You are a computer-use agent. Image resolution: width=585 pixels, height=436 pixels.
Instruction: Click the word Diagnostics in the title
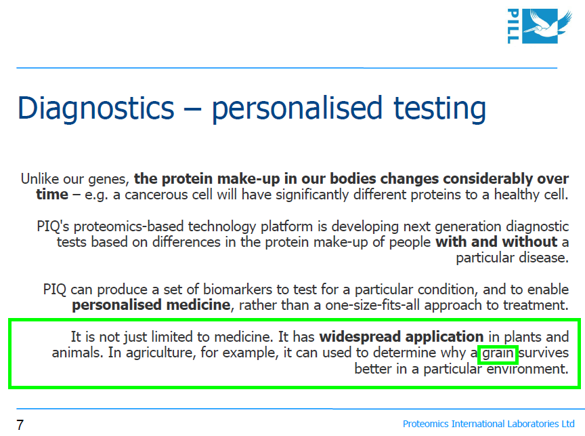96,108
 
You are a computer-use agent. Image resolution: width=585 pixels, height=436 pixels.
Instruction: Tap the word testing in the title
440,108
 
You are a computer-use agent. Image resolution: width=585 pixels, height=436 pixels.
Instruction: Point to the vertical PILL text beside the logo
513,26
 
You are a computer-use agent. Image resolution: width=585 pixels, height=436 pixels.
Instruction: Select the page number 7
20,424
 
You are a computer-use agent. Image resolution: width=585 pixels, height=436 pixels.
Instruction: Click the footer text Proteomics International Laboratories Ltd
488,424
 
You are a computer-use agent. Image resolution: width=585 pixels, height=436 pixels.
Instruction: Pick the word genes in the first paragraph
108,180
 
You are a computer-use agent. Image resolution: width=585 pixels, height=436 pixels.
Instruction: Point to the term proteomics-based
129,226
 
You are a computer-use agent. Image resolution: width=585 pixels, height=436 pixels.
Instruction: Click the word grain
498,353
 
